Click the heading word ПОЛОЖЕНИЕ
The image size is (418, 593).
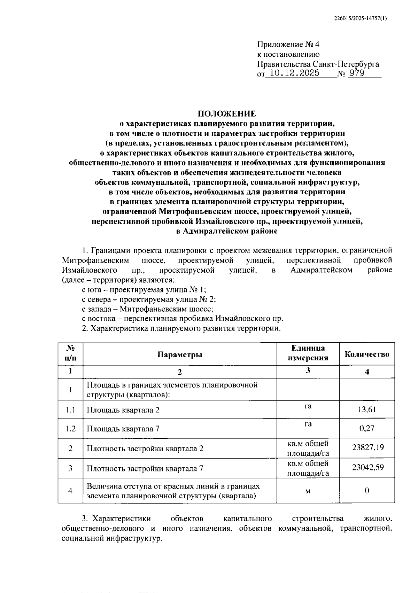click(227, 114)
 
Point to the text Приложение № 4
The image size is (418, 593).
click(288, 45)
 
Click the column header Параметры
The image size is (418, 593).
click(180, 354)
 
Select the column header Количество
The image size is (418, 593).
click(367, 354)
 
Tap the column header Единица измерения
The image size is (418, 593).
click(308, 353)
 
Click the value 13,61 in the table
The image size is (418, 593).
click(367, 409)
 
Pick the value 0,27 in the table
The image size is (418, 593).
click(367, 428)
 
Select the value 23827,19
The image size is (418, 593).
click(368, 447)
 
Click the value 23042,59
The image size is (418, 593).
click(368, 467)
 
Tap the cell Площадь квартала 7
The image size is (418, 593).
click(123, 429)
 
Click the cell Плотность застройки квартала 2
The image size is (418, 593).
click(145, 448)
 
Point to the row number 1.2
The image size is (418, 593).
click(71, 429)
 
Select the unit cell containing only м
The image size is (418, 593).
click(308, 491)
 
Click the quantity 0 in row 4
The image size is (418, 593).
click(367, 491)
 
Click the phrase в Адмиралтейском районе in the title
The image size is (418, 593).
click(227, 231)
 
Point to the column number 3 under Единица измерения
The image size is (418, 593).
click(308, 370)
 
